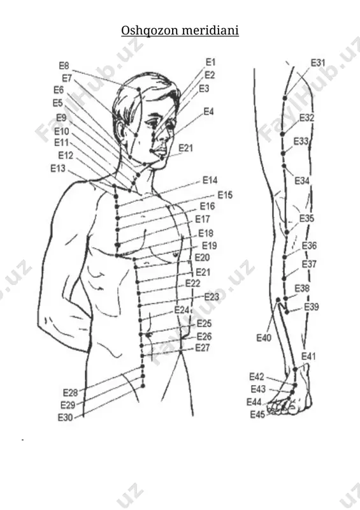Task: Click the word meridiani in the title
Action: [x=210, y=30]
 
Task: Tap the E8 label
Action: [x=64, y=66]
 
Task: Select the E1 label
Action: [x=211, y=62]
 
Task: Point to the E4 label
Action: [x=209, y=112]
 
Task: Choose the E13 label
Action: [x=58, y=168]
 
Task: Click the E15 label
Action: [x=225, y=195]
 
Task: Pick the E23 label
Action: [x=212, y=296]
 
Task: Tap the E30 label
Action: [x=66, y=418]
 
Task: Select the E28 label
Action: [x=70, y=393]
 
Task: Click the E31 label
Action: [x=318, y=62]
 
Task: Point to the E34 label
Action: [x=302, y=180]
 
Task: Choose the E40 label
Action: [x=264, y=338]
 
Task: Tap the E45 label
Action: [x=257, y=415]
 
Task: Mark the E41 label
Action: [x=308, y=356]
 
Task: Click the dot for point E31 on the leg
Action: [x=285, y=98]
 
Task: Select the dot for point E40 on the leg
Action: [x=278, y=299]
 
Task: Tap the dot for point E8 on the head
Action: [x=138, y=89]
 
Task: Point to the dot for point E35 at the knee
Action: [x=287, y=232]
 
